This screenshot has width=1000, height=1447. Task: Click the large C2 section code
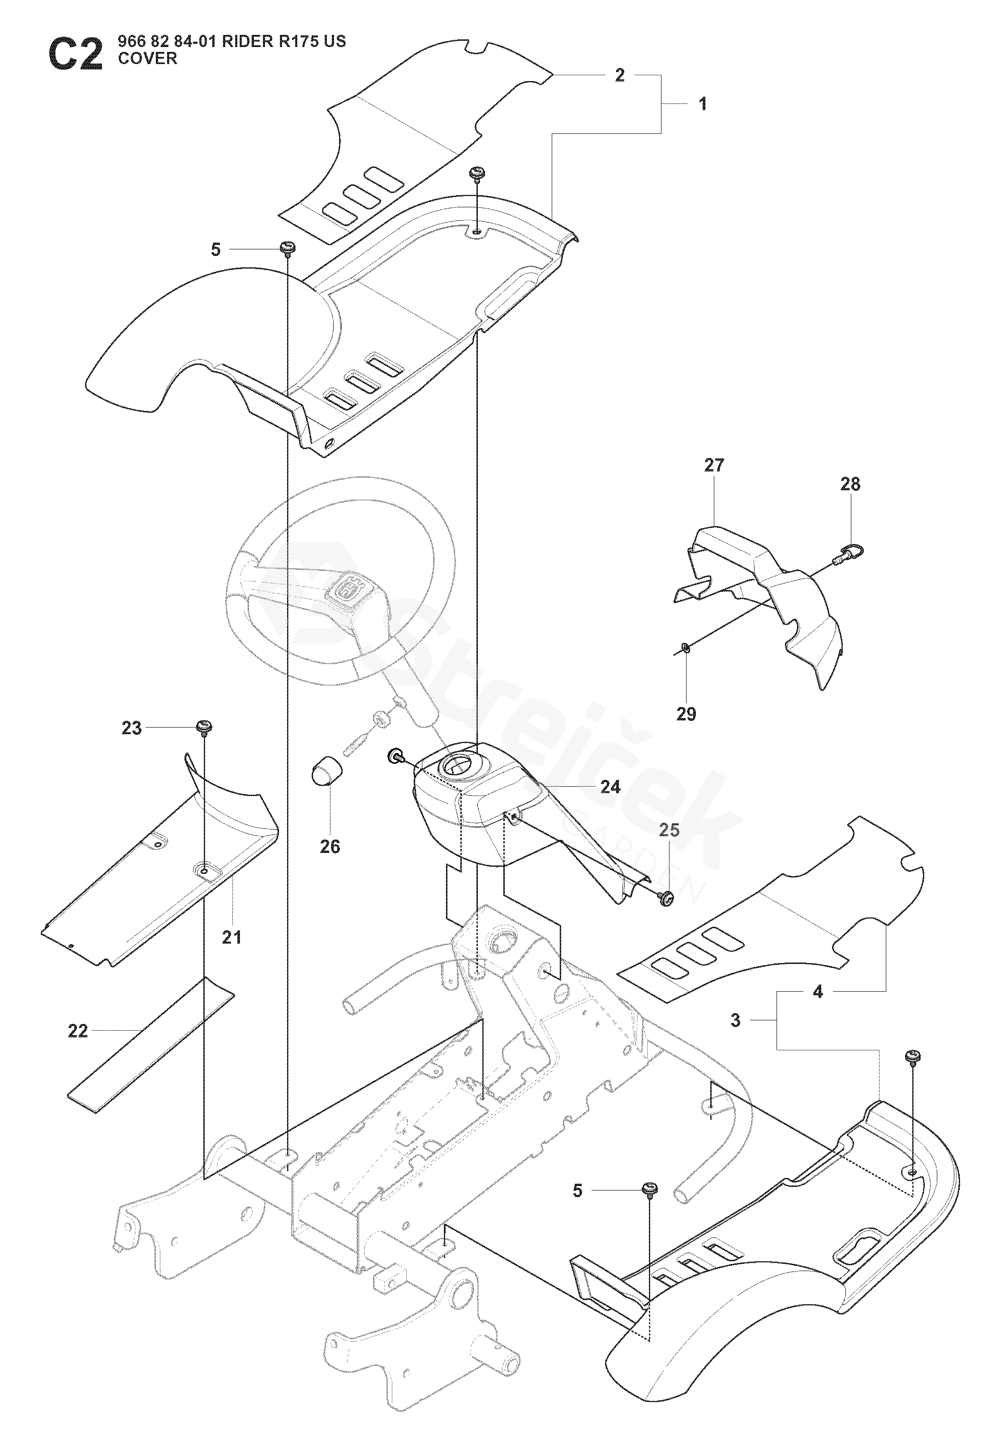[75, 55]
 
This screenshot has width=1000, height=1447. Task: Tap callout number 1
[703, 104]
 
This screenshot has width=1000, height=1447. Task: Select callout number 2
[620, 75]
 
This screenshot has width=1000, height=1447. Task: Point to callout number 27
[714, 466]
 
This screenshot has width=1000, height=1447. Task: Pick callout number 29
[686, 714]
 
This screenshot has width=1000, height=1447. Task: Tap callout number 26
[330, 847]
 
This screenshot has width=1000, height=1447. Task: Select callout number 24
[610, 787]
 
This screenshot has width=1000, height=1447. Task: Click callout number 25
[669, 830]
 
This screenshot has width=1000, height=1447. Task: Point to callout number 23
[132, 728]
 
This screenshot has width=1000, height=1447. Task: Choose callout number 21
[232, 938]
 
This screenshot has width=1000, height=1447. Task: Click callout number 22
[77, 1031]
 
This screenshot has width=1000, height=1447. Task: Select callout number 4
[818, 992]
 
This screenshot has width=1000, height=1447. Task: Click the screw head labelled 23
[205, 727]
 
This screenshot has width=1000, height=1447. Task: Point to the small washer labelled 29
[686, 646]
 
